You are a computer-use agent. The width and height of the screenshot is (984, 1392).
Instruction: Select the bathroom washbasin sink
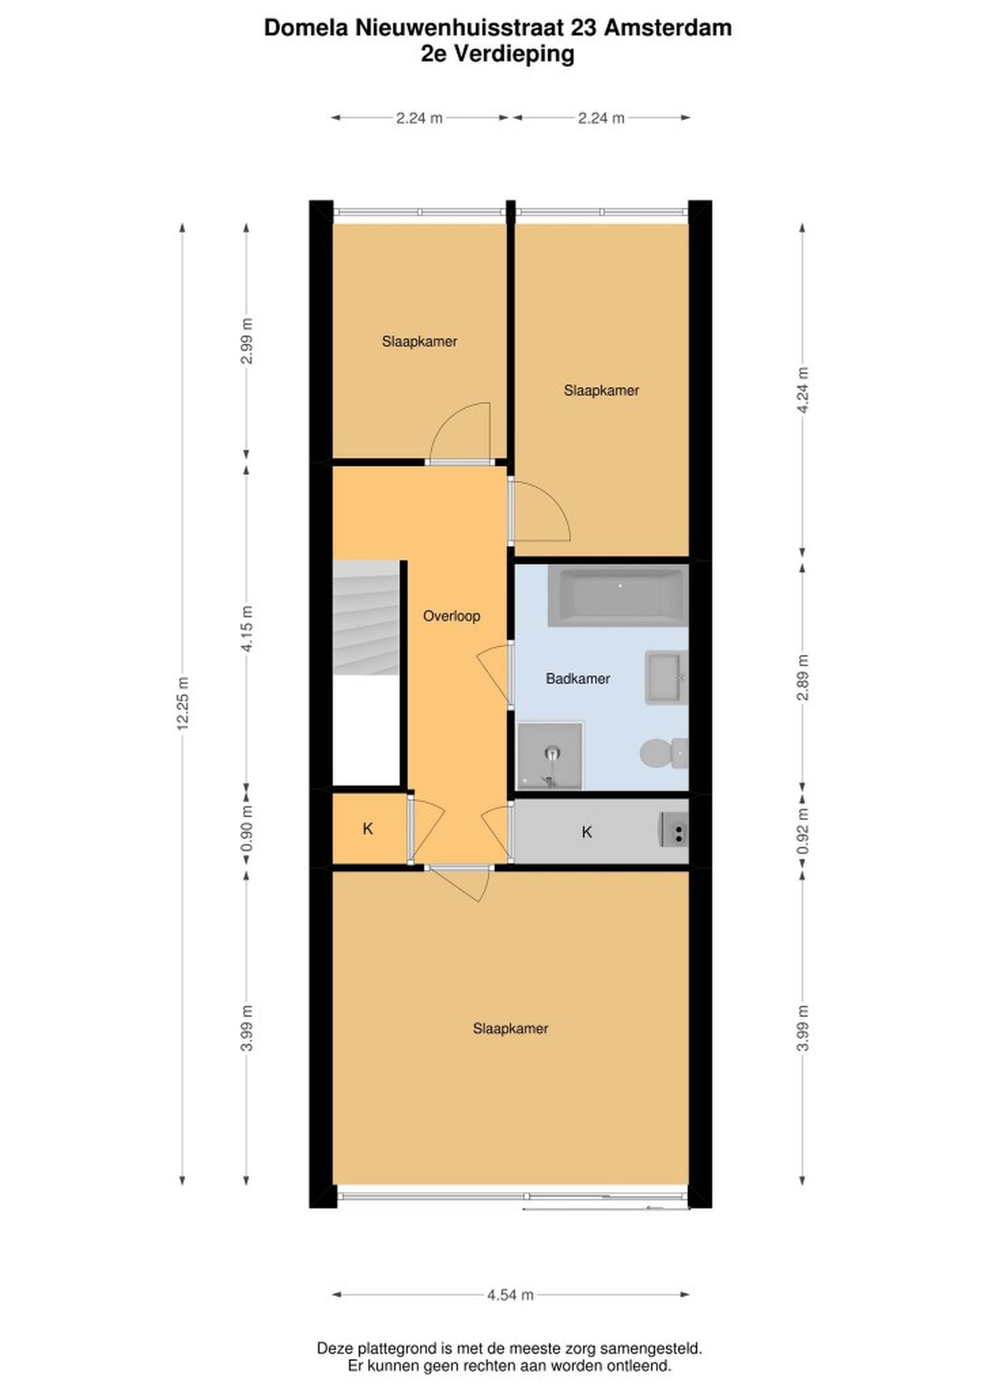pos(666,678)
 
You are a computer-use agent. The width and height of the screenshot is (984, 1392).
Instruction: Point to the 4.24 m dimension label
pos(802,390)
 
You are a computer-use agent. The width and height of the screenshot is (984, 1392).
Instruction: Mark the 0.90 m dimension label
pos(246,828)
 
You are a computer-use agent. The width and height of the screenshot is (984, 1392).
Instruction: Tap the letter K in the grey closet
pos(586,832)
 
